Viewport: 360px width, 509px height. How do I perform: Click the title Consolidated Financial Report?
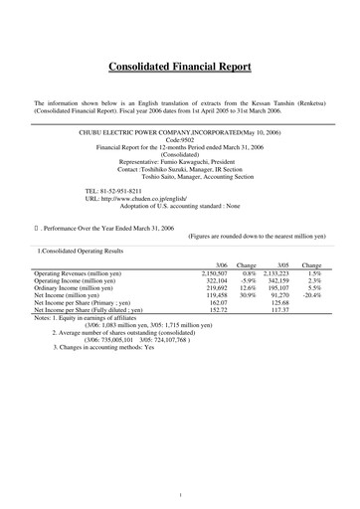[180, 68]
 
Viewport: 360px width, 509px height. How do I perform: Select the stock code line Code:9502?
[180, 138]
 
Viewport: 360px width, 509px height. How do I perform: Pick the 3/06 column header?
[220, 266]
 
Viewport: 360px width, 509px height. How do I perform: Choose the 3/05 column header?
[282, 266]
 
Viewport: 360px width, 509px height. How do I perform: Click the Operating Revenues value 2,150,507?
[215, 272]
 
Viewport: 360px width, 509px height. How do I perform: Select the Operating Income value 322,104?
[216, 280]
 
